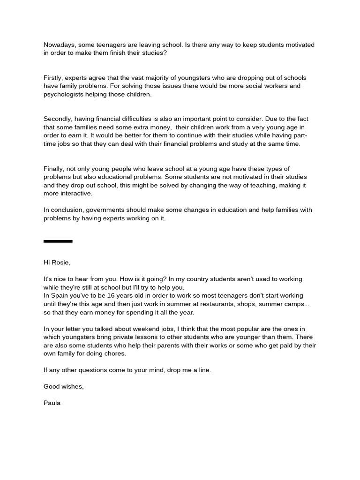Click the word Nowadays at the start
(60, 45)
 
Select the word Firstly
(54, 78)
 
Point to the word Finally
(54, 169)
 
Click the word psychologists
(65, 94)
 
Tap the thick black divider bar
(58, 241)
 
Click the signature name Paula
(52, 403)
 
